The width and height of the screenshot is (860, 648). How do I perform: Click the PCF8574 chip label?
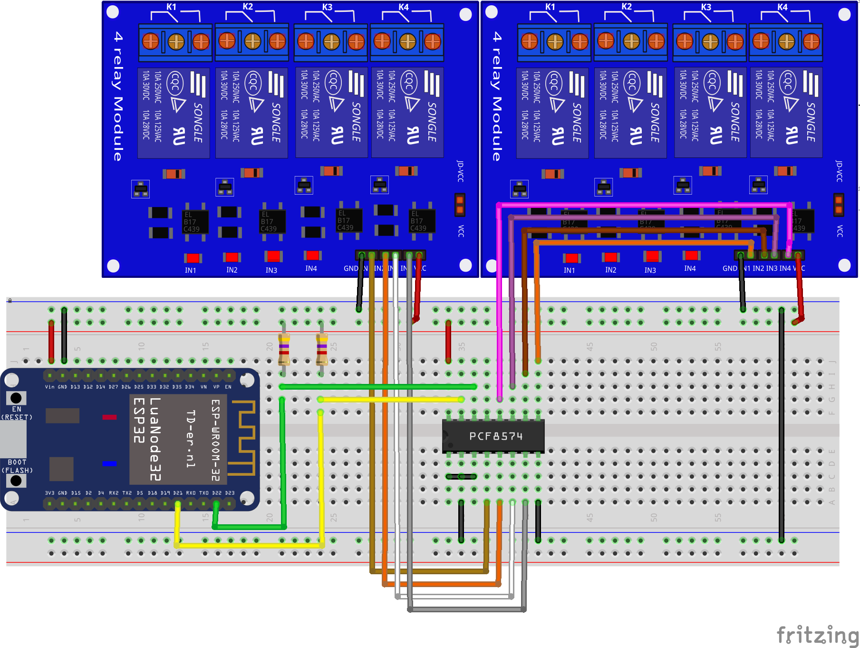click(x=495, y=436)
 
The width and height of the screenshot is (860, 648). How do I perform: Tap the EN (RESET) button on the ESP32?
click(x=16, y=398)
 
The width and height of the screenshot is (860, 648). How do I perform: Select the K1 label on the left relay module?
click(x=172, y=7)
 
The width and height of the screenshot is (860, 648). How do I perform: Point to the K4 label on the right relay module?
click(x=782, y=7)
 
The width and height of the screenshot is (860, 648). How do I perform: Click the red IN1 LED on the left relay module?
click(x=193, y=258)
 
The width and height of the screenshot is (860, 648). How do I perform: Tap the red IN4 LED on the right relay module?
click(x=691, y=255)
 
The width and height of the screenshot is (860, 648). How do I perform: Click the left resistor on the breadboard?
click(x=284, y=349)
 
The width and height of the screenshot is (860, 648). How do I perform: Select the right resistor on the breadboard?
click(x=322, y=349)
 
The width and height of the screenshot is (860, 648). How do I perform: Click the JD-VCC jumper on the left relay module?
click(x=460, y=205)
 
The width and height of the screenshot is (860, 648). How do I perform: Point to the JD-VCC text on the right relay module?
click(x=839, y=171)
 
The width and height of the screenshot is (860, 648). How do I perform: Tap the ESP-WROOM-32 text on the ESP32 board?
click(x=215, y=440)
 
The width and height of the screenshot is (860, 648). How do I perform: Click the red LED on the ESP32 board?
click(x=109, y=417)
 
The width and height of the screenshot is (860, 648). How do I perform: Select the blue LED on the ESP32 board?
click(x=109, y=463)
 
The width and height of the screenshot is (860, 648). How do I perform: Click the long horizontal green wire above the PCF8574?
click(x=378, y=387)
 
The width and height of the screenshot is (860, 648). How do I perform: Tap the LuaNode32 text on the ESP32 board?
click(x=155, y=440)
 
